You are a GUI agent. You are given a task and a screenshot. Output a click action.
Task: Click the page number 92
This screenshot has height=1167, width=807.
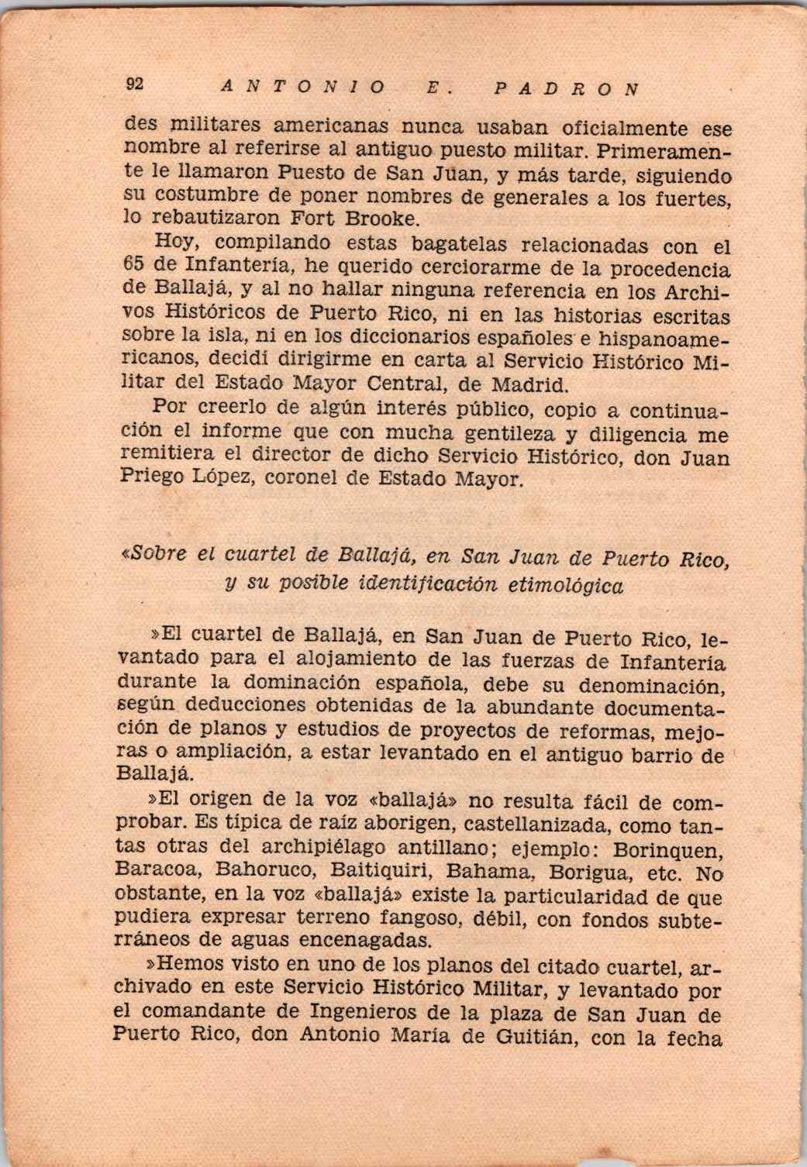click(x=133, y=86)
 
